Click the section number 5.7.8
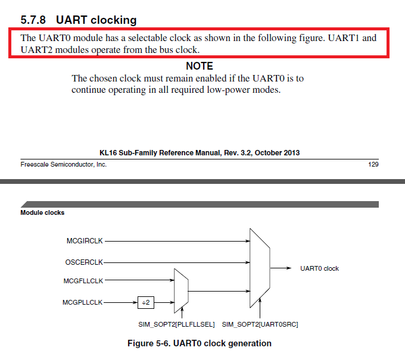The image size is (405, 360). (34, 20)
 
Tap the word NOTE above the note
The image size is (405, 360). (199, 66)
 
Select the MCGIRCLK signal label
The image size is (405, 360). (85, 241)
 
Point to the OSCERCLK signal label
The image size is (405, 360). (84, 262)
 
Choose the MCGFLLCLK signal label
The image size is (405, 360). (83, 281)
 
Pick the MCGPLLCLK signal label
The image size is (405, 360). (83, 302)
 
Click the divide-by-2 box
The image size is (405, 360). (145, 302)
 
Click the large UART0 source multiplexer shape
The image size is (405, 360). (260, 268)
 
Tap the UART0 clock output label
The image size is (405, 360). (319, 268)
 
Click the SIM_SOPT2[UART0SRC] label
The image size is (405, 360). (260, 324)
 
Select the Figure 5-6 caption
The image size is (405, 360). (200, 343)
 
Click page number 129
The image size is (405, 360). (373, 164)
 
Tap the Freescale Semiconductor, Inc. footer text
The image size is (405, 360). (64, 164)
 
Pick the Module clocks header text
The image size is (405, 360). (42, 212)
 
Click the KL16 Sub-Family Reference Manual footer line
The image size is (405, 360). (200, 153)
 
